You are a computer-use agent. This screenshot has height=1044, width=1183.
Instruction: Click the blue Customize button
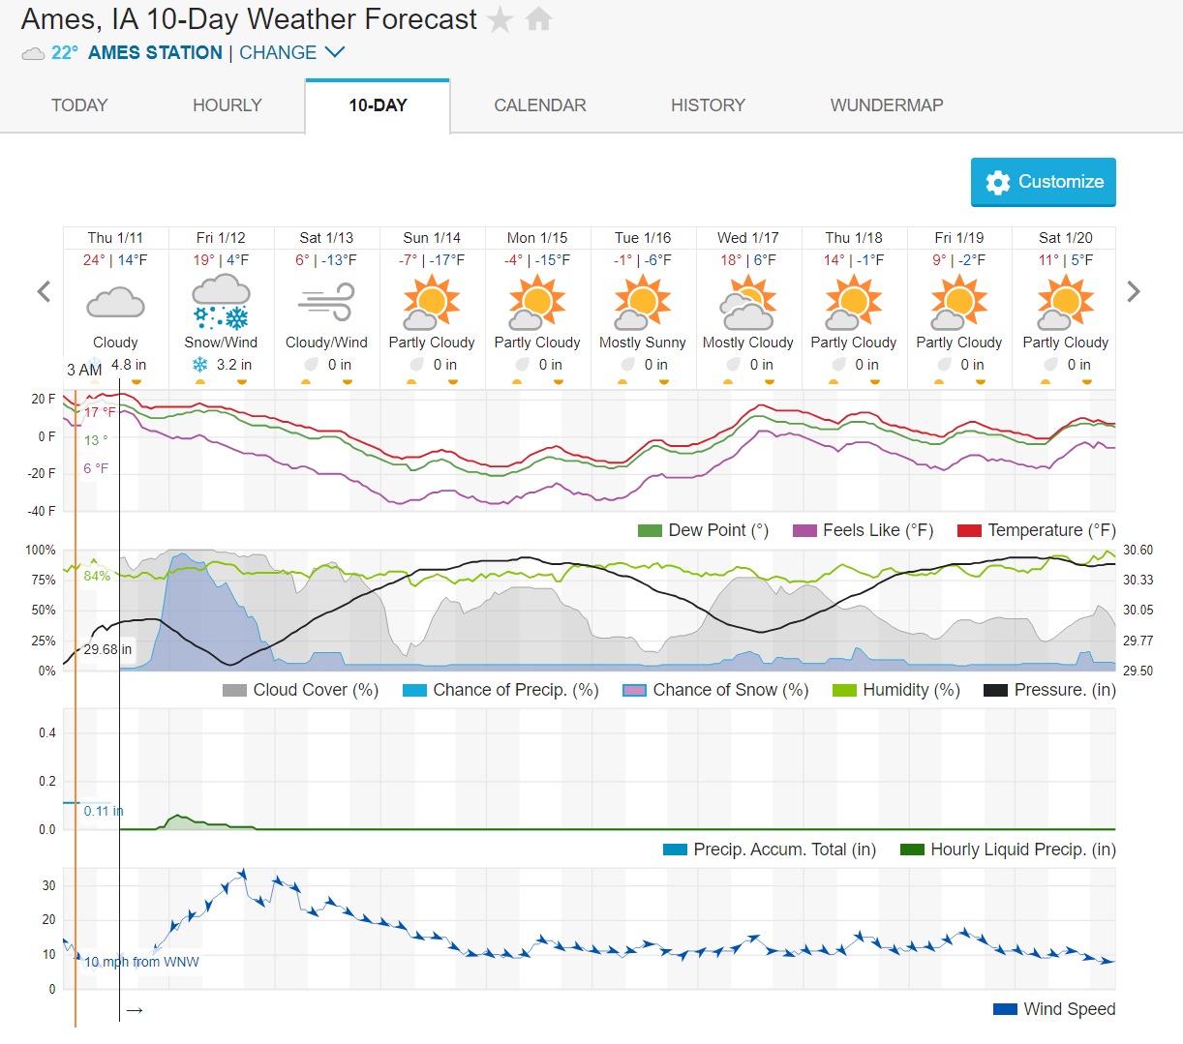click(1043, 182)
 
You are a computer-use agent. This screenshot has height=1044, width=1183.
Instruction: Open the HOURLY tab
click(227, 105)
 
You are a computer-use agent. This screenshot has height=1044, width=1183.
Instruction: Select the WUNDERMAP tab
click(886, 105)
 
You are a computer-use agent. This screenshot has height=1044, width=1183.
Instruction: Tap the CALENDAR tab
click(540, 105)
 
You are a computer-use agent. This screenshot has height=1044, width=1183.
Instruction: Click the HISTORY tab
click(708, 105)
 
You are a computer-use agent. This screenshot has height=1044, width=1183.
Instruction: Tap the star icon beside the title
click(500, 19)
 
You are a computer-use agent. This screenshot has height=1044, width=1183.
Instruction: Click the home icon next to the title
click(538, 19)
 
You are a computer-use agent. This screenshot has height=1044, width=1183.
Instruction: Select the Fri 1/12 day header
click(221, 238)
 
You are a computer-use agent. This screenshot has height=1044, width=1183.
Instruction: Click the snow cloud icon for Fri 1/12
click(222, 303)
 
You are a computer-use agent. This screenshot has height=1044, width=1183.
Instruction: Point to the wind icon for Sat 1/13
click(326, 303)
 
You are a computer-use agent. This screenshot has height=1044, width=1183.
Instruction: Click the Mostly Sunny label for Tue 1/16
click(643, 343)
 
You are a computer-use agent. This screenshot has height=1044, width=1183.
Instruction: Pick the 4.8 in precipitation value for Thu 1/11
click(128, 365)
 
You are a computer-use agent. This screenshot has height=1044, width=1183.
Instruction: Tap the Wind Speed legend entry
click(1055, 1009)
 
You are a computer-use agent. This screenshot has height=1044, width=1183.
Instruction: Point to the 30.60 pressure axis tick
click(1137, 550)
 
